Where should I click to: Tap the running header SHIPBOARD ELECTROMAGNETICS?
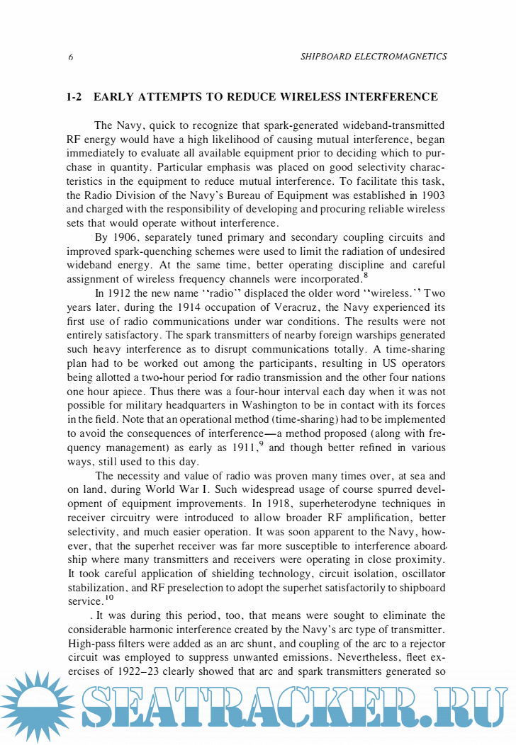pos(374,57)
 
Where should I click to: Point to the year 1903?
pos(432,195)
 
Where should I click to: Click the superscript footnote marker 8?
pos(365,275)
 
